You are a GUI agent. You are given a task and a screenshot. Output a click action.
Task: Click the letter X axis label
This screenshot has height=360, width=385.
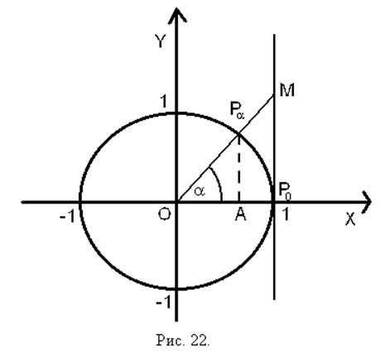click(350, 219)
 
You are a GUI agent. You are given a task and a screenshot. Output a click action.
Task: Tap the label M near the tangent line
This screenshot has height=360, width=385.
click(287, 90)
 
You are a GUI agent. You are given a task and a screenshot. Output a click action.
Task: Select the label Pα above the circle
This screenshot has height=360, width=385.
click(237, 110)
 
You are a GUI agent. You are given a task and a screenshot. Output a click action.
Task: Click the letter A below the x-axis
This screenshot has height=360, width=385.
click(241, 214)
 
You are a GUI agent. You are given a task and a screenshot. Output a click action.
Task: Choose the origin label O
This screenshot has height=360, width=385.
click(165, 214)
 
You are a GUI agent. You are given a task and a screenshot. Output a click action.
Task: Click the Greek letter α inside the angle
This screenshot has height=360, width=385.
click(200, 191)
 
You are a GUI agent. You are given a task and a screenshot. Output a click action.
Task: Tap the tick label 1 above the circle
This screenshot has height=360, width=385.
click(164, 102)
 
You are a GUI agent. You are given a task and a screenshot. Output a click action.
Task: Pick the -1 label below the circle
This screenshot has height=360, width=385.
click(164, 303)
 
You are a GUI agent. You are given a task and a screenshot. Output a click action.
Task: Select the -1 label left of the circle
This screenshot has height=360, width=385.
click(67, 217)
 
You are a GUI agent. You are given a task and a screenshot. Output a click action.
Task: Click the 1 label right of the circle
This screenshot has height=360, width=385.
click(286, 214)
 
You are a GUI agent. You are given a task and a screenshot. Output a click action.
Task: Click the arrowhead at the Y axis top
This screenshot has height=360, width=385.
click(176, 15)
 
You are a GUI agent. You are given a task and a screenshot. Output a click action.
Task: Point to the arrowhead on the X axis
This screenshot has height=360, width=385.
click(366, 202)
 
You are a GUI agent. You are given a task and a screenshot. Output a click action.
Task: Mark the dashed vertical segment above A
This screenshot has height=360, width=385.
click(239, 168)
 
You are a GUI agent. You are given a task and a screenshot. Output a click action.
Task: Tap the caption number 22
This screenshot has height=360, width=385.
click(200, 340)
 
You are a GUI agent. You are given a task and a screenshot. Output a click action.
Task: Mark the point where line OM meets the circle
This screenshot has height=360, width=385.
click(239, 134)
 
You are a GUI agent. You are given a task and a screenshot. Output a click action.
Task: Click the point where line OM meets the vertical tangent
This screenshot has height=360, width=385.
click(274, 95)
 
